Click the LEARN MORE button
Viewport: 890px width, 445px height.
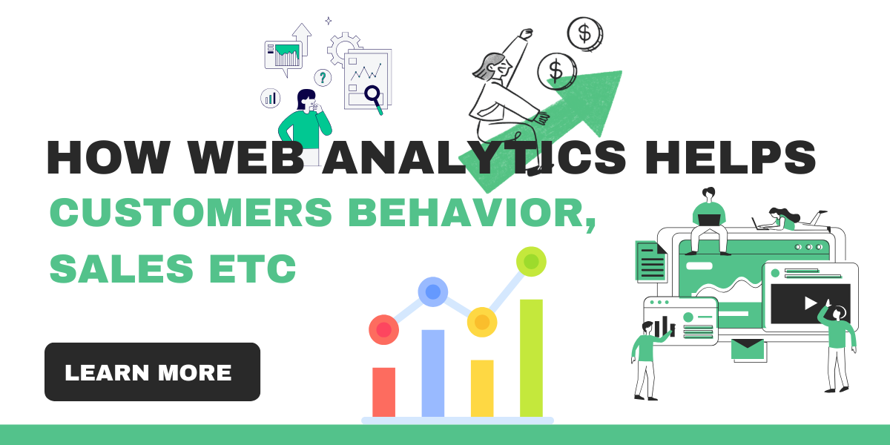152,372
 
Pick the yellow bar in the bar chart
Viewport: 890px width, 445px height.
482,388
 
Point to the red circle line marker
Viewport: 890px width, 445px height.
383,329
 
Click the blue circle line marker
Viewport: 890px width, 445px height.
432,291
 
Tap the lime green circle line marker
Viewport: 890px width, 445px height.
531,261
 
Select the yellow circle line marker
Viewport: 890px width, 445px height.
482,322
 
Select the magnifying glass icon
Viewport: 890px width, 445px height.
372,94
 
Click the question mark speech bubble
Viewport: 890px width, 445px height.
323,77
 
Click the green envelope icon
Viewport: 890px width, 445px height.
748,349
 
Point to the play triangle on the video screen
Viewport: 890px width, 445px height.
811,303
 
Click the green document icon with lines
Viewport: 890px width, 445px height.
650,261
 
